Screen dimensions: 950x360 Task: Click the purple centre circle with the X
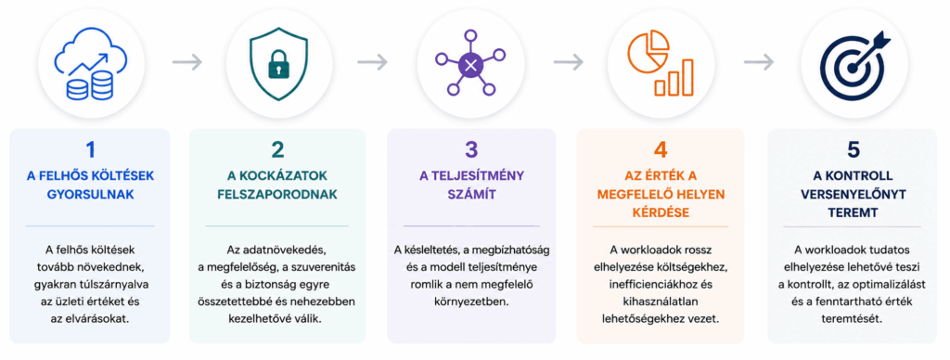(x=469, y=64)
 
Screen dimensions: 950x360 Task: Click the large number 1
(x=90, y=150)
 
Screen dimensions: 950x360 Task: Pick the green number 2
(x=278, y=150)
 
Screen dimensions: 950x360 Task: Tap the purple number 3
(x=471, y=150)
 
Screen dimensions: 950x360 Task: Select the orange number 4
(x=661, y=150)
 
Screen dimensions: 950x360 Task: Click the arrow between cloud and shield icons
(x=186, y=62)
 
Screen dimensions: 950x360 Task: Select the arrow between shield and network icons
(x=372, y=62)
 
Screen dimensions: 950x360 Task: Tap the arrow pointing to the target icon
(x=759, y=62)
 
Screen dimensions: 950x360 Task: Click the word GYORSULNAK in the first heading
(x=91, y=195)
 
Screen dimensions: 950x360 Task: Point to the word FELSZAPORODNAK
(x=277, y=195)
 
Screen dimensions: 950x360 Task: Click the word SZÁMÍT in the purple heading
(x=471, y=195)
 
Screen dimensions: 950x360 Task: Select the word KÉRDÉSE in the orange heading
(x=661, y=213)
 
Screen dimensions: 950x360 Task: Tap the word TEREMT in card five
(x=853, y=213)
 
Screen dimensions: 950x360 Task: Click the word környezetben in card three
(x=471, y=301)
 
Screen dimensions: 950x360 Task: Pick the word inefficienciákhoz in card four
(x=661, y=284)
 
